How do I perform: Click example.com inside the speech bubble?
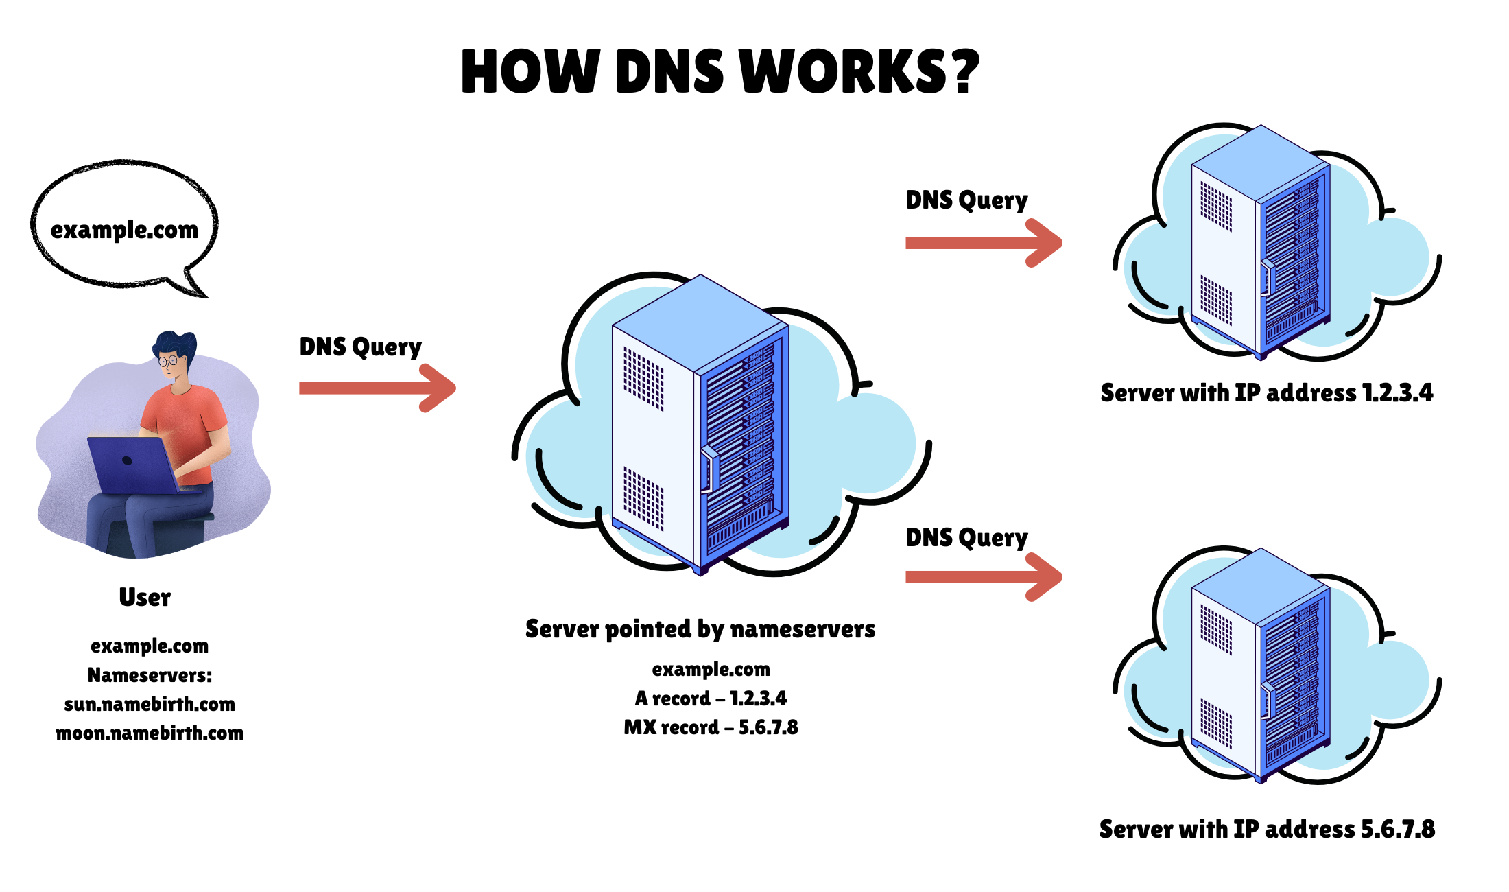pyautogui.click(x=124, y=230)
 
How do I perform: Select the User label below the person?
pyautogui.click(x=145, y=597)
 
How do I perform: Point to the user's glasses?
pyautogui.click(x=168, y=360)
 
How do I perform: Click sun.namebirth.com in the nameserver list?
pyautogui.click(x=150, y=704)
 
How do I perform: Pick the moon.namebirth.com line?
pyautogui.click(x=150, y=733)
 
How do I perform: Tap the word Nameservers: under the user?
pyautogui.click(x=150, y=675)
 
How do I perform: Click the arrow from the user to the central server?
pyautogui.click(x=377, y=388)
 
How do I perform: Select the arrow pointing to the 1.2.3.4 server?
pyautogui.click(x=984, y=243)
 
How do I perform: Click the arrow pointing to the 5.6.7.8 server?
pyautogui.click(x=984, y=577)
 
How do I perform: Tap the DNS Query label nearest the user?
pyautogui.click(x=360, y=347)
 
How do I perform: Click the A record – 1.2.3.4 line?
pyautogui.click(x=711, y=699)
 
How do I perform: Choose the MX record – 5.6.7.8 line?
pyautogui.click(x=711, y=727)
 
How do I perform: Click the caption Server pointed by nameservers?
pyautogui.click(x=700, y=629)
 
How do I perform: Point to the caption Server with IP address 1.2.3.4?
pyautogui.click(x=1266, y=393)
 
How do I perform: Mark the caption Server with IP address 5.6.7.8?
pyautogui.click(x=1266, y=830)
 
